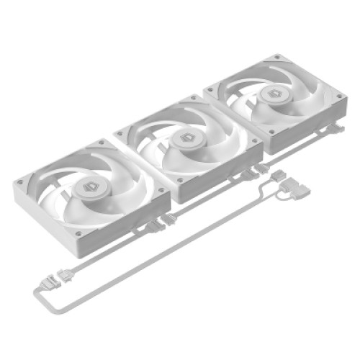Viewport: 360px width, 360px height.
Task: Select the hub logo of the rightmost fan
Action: pyautogui.click(x=274, y=94)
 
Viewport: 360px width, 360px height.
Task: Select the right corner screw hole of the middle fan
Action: pyautogui.click(x=253, y=143)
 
